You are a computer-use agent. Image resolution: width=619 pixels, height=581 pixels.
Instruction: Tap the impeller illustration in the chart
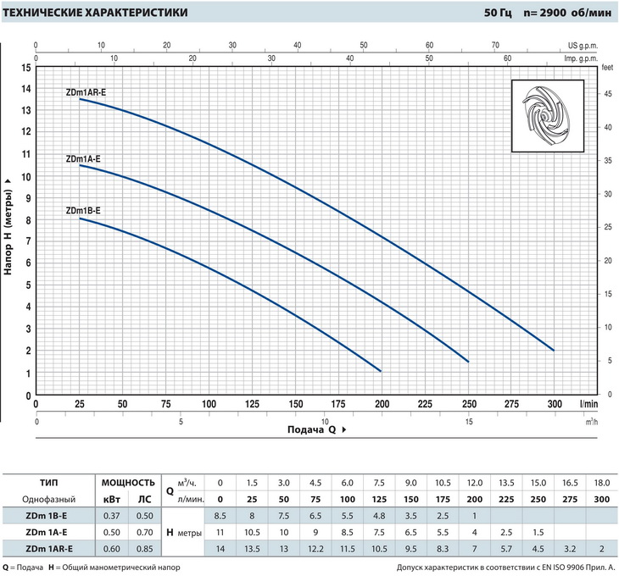548,118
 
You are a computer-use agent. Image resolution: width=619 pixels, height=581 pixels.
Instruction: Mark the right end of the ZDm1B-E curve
381,371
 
